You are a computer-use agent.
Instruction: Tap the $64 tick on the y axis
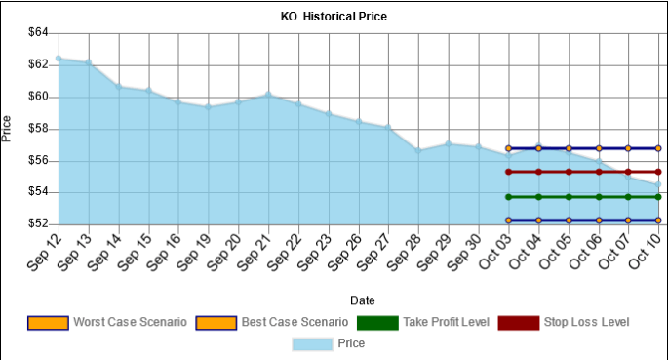[x=37, y=32]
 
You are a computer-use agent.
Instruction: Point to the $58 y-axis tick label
[x=37, y=128]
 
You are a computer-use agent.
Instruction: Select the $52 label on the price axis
[x=37, y=223]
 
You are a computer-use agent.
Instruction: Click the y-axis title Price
[x=8, y=129]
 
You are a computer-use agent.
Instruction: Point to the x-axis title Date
[x=362, y=300]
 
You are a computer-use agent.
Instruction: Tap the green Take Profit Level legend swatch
[x=376, y=322]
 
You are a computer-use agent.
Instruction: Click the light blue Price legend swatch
[x=312, y=343]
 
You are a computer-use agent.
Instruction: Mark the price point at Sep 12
[x=59, y=59]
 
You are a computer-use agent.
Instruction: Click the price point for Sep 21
[x=268, y=95]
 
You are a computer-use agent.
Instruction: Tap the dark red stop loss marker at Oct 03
[x=509, y=172]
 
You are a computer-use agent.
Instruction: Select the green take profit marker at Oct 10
[x=658, y=197]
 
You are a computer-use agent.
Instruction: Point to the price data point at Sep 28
[x=418, y=150]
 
